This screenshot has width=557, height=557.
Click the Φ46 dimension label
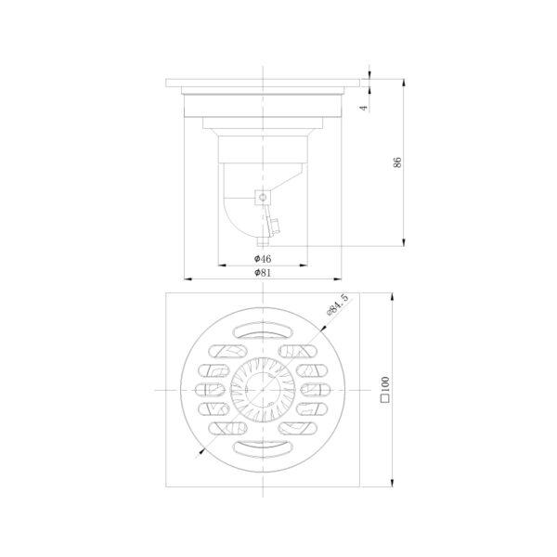(x=263, y=259)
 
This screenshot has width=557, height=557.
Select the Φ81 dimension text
(x=263, y=273)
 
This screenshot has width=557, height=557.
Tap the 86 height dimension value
(x=397, y=162)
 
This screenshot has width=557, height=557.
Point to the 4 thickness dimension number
(x=363, y=108)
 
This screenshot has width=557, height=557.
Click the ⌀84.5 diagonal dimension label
(x=337, y=305)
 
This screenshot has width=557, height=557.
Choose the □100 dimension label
(x=385, y=389)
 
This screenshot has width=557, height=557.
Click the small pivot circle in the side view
(x=263, y=197)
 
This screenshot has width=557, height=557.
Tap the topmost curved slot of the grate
(x=263, y=330)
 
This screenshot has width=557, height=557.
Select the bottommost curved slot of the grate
(x=263, y=449)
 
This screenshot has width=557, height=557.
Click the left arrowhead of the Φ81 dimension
(x=188, y=279)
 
